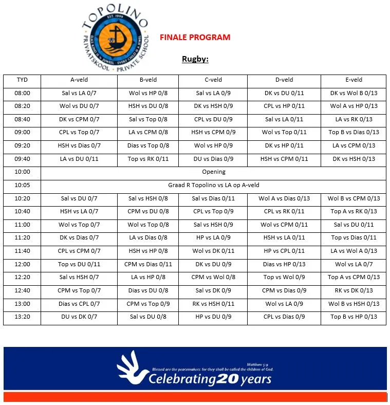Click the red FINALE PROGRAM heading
[195, 38]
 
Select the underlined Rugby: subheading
[195, 59]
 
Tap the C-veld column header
[213, 80]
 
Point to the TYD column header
[22, 80]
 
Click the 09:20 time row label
[22, 145]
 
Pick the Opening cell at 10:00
[213, 172]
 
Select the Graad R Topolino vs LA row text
[213, 185]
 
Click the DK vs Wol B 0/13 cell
[354, 93]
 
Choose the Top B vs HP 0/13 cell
[354, 317]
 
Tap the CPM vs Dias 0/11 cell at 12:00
[148, 264]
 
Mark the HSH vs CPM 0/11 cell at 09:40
[284, 159]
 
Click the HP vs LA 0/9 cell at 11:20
[213, 237]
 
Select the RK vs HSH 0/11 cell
[213, 304]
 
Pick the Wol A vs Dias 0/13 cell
[284, 198]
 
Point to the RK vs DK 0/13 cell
[354, 290]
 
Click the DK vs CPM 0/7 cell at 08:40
[79, 119]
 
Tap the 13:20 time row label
[22, 317]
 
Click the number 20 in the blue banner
[227, 379]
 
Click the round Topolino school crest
[115, 40]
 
